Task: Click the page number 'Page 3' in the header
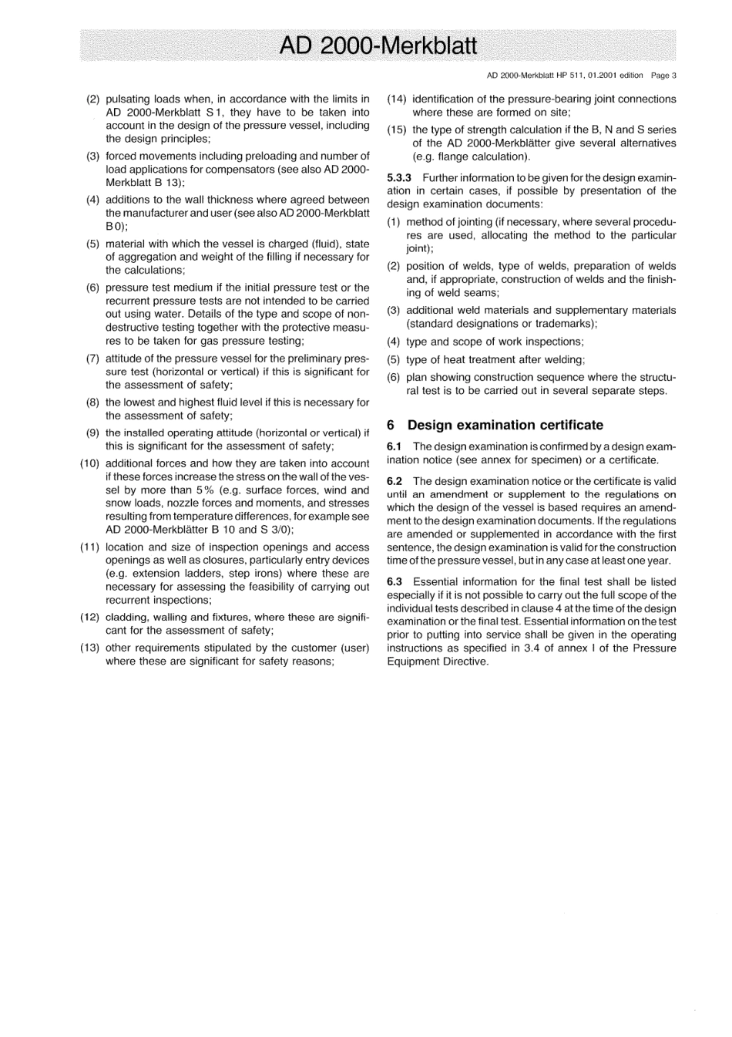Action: pyautogui.click(x=663, y=76)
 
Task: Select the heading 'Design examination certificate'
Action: pyautogui.click(x=505, y=425)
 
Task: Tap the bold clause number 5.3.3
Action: pyautogui.click(x=399, y=178)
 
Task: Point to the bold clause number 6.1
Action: pyautogui.click(x=395, y=446)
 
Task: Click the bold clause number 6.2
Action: pyautogui.click(x=395, y=481)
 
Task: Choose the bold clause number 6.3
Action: pyautogui.click(x=395, y=581)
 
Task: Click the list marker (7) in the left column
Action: pyautogui.click(x=92, y=359)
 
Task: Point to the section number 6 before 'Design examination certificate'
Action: pyautogui.click(x=391, y=425)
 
